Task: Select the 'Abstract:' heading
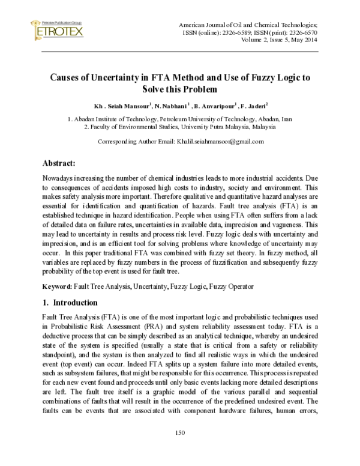click(58, 163)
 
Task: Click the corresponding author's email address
click(220, 142)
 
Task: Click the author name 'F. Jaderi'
click(256, 105)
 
